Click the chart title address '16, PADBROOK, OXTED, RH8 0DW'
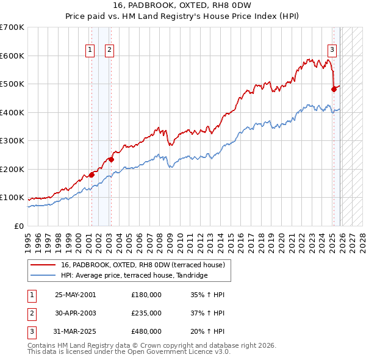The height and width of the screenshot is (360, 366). [183, 7]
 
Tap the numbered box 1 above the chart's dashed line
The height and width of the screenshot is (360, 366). [90, 50]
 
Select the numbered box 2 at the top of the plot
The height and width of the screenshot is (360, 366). [109, 50]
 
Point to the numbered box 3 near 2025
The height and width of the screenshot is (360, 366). [332, 50]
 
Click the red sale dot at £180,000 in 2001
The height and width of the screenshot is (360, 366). [91, 175]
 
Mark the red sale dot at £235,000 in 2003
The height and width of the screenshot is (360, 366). [111, 159]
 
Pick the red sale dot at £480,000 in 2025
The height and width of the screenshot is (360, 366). [334, 89]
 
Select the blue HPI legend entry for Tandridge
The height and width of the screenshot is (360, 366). [134, 276]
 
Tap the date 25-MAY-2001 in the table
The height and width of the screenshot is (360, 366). [75, 295]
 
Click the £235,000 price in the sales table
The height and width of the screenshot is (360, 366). [146, 313]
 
